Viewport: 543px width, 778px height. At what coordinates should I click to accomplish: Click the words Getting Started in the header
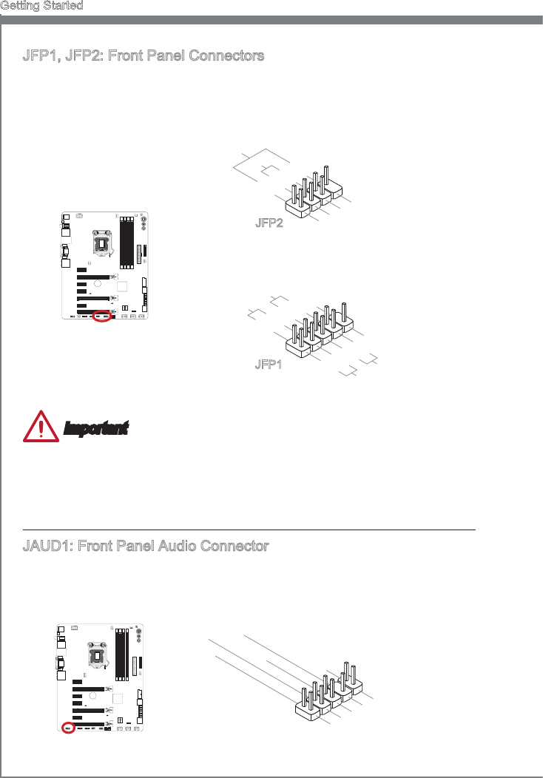click(x=41, y=5)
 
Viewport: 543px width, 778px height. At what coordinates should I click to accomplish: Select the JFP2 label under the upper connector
click(x=269, y=224)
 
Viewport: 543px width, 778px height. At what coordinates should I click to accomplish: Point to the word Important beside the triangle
click(x=96, y=428)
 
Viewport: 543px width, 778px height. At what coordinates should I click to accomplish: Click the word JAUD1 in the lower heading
click(x=48, y=547)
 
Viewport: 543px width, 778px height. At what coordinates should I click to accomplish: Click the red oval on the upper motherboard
click(x=103, y=317)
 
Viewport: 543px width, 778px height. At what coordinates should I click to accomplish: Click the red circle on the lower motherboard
click(x=67, y=728)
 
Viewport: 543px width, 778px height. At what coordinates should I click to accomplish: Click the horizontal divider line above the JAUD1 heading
click(x=249, y=530)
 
